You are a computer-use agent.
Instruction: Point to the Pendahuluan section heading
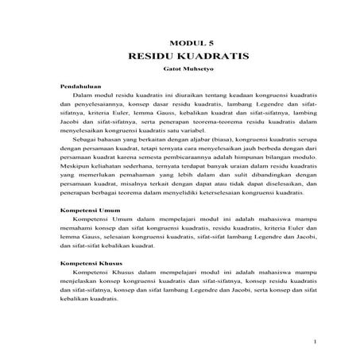coord(82,86)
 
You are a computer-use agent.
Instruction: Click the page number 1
coord(315,342)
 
